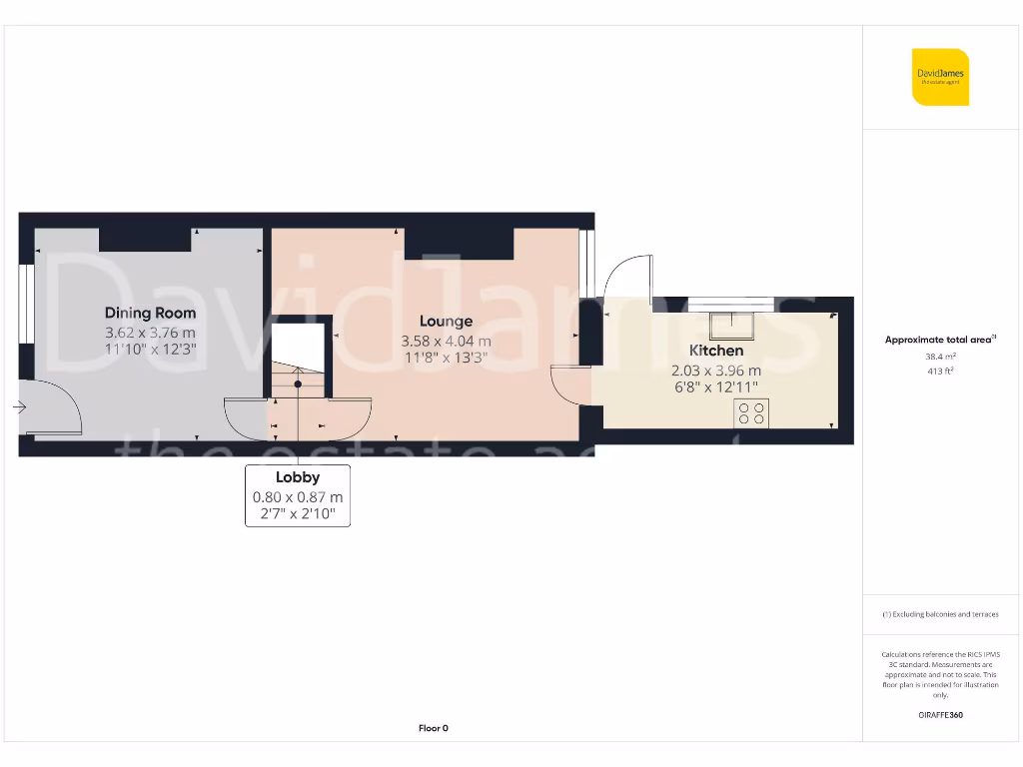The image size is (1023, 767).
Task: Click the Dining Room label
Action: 150,313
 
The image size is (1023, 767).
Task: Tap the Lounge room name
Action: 446,321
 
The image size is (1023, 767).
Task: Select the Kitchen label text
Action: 716,351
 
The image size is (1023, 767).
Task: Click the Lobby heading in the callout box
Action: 298,477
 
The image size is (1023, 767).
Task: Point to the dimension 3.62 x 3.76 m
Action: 150,332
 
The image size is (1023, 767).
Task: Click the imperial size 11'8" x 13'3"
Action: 446,358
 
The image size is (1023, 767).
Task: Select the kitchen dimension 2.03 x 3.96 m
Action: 716,370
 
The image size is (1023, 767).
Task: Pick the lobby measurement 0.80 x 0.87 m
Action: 298,496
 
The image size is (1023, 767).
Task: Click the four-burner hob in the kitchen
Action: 751,412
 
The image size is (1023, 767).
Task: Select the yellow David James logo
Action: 940,77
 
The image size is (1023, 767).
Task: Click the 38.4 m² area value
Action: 940,357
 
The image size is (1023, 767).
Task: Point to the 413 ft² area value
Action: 940,372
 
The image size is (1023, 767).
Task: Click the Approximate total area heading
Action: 940,340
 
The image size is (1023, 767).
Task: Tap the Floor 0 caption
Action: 433,728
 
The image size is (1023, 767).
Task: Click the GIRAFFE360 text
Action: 940,715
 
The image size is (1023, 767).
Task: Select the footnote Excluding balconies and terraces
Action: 940,614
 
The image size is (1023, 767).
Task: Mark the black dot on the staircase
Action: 298,383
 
